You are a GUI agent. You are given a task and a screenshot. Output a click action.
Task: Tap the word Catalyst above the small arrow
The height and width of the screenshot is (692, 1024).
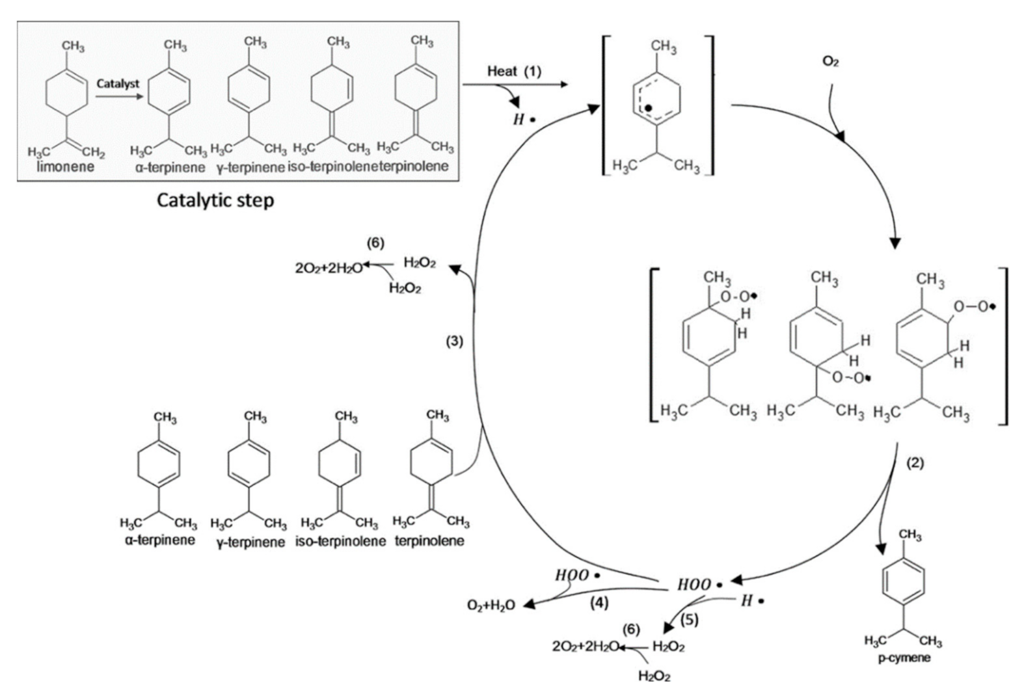pyautogui.click(x=118, y=85)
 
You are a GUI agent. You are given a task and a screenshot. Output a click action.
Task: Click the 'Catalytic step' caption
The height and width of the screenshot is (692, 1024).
pyautogui.click(x=215, y=200)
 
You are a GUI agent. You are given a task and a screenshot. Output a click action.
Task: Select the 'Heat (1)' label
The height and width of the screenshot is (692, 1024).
pyautogui.click(x=514, y=72)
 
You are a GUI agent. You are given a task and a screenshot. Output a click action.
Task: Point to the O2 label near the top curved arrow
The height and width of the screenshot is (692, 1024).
pyautogui.click(x=830, y=61)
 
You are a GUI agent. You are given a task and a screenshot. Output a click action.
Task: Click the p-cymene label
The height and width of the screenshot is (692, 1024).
pyautogui.click(x=904, y=658)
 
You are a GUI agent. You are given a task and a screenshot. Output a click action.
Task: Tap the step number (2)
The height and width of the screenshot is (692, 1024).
pyautogui.click(x=915, y=464)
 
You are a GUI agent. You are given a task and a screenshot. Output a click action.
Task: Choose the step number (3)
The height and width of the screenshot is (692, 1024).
pyautogui.click(x=454, y=341)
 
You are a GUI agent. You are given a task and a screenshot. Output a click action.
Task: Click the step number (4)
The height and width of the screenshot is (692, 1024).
pyautogui.click(x=599, y=603)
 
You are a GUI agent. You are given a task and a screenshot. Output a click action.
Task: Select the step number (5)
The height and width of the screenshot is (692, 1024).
pyautogui.click(x=689, y=620)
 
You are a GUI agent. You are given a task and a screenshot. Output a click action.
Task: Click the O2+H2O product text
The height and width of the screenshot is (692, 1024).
pyautogui.click(x=491, y=605)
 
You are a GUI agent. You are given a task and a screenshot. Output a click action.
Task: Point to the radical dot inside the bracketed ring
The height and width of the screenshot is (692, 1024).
pyautogui.click(x=648, y=107)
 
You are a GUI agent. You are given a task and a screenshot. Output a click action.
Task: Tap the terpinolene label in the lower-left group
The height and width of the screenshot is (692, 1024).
pyautogui.click(x=429, y=540)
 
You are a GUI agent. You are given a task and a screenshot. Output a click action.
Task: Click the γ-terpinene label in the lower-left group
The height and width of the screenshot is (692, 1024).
pyautogui.click(x=250, y=542)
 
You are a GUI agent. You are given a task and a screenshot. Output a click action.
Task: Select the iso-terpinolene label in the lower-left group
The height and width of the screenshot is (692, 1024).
pyautogui.click(x=340, y=541)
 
